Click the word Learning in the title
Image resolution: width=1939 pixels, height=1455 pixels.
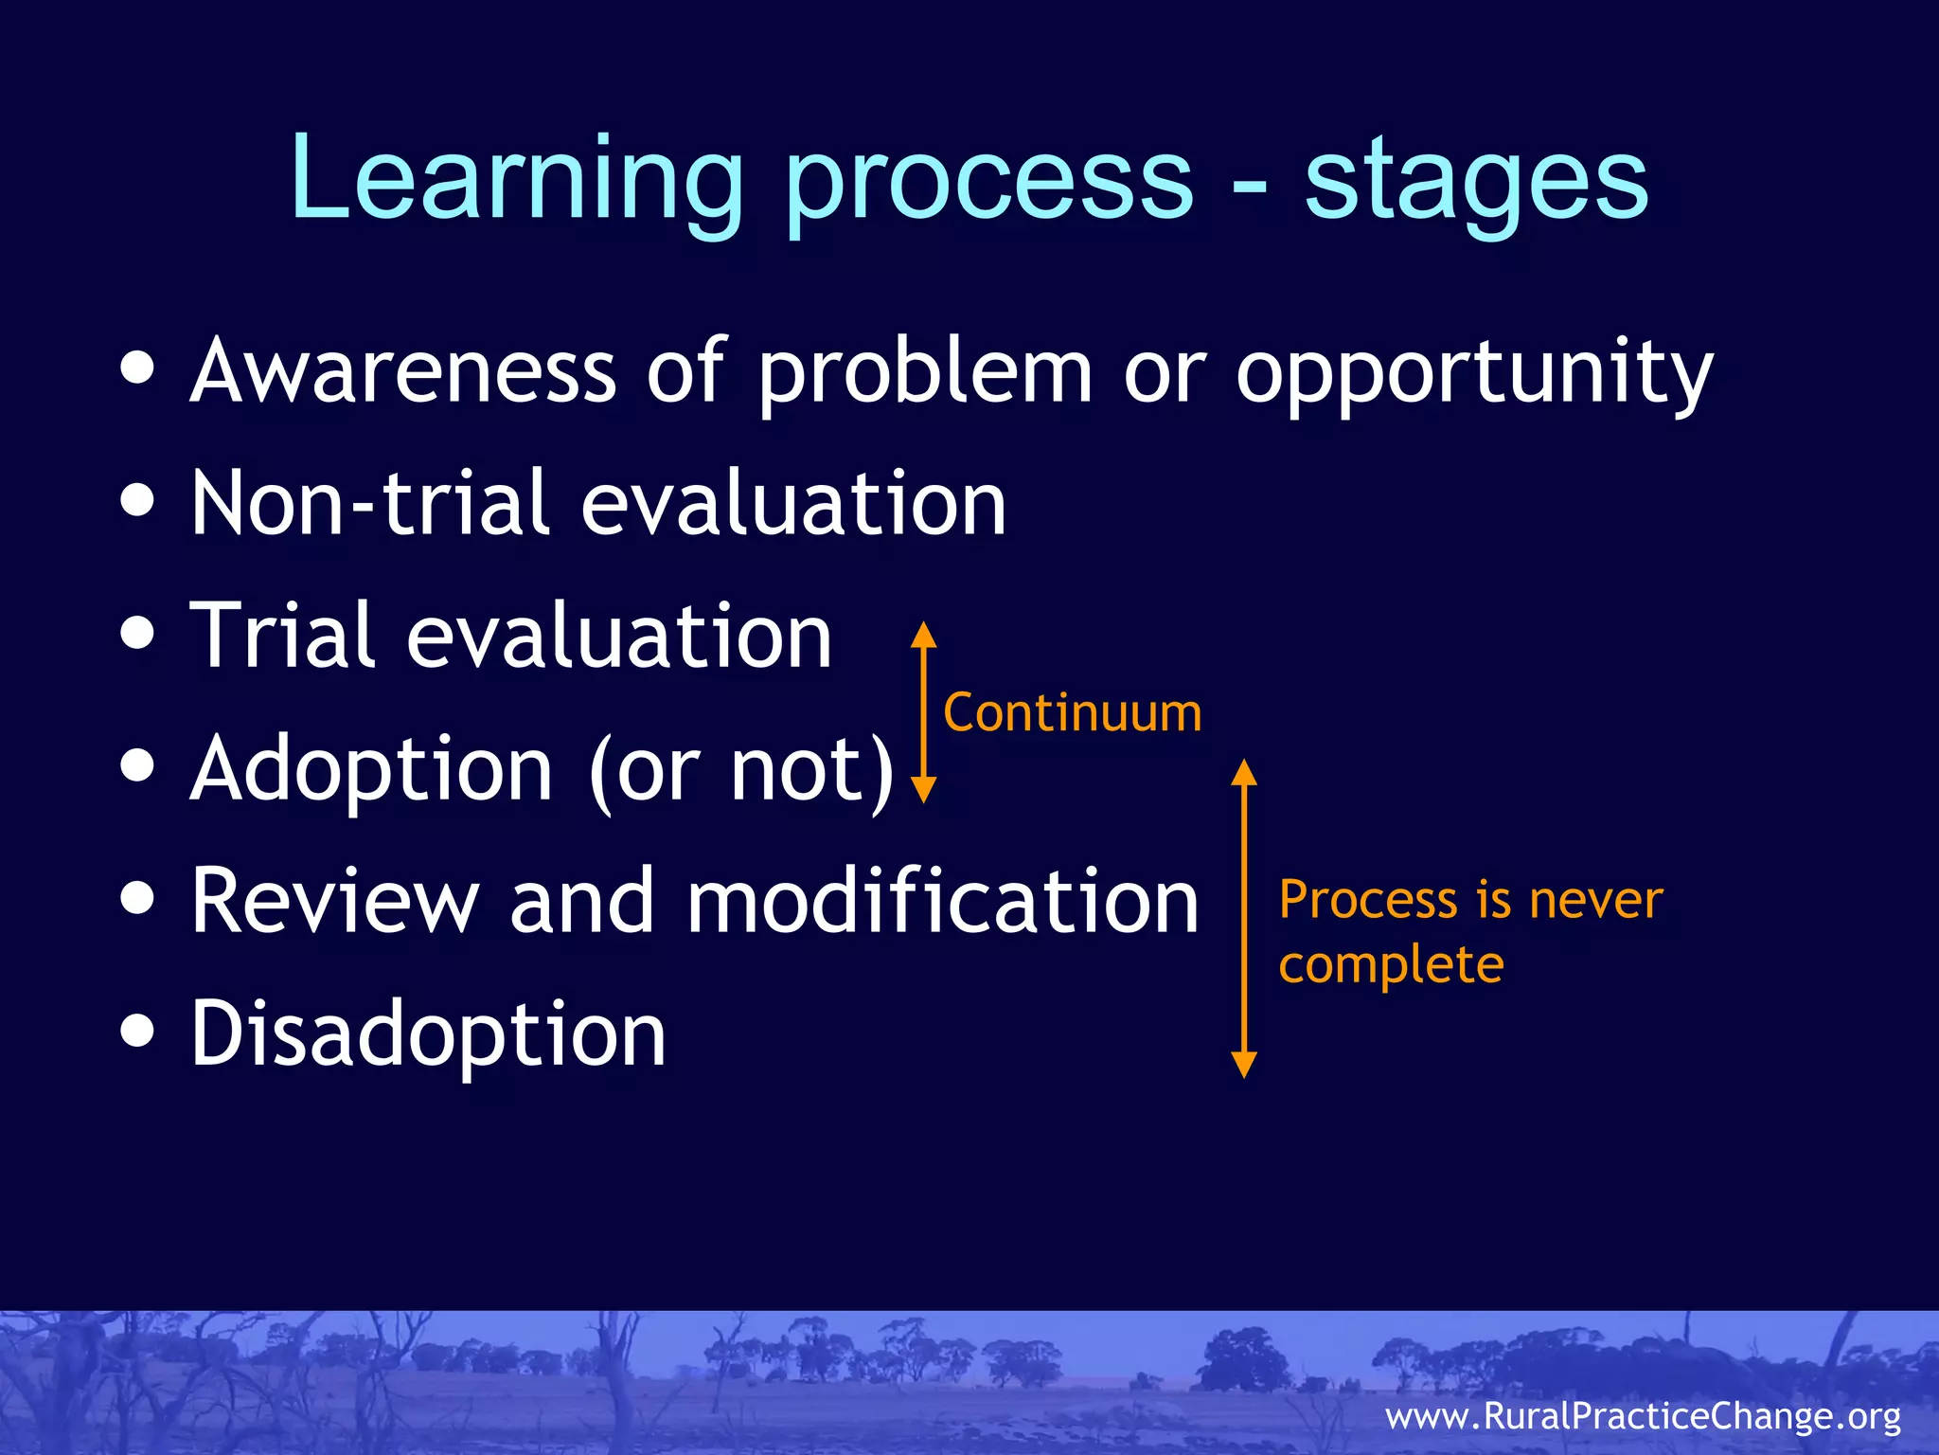[x=516, y=180]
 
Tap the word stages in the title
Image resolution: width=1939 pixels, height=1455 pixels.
[x=1476, y=180]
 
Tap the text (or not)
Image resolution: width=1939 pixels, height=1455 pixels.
[x=741, y=769]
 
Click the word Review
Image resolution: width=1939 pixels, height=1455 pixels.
[x=334, y=901]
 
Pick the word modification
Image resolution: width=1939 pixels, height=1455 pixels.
[x=942, y=901]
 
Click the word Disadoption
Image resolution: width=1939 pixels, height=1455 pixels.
[x=428, y=1033]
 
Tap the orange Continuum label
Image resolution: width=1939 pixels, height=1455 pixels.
[x=1072, y=712]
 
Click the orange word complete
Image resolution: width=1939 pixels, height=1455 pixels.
[x=1391, y=966]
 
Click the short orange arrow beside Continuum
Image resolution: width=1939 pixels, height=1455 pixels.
[x=923, y=712]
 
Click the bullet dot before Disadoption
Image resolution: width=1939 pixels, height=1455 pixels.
[x=138, y=1032]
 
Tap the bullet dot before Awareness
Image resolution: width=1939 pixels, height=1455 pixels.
[x=138, y=368]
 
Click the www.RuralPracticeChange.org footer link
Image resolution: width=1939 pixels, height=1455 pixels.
[x=1643, y=1415]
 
